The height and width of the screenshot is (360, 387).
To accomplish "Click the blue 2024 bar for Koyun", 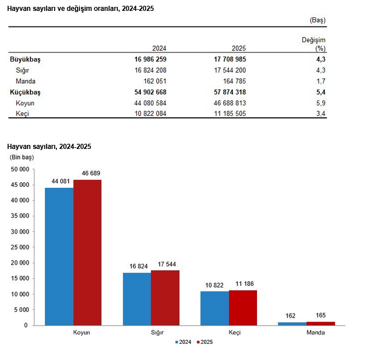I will tap(59, 256).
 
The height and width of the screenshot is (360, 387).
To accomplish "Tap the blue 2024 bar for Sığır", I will tap(137, 298).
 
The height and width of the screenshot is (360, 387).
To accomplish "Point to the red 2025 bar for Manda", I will tap(320, 323).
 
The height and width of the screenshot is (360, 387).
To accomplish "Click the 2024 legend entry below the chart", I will tap(184, 342).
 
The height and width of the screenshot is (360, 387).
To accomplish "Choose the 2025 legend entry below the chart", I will tap(205, 342).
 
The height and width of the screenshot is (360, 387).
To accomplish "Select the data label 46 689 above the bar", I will tap(88, 174).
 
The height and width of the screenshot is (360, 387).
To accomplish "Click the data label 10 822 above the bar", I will tap(214, 285).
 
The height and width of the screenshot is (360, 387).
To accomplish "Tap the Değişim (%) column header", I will tap(314, 44).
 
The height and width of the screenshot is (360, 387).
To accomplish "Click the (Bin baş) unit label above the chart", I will tap(21, 157).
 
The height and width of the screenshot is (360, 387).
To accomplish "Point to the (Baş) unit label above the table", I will tap(318, 20).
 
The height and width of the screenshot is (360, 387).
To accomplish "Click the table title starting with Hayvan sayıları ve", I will tap(81, 9).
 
